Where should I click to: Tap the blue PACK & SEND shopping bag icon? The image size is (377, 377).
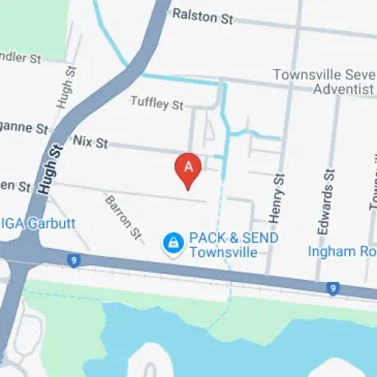(x=173, y=243)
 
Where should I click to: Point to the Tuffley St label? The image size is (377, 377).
(x=156, y=103)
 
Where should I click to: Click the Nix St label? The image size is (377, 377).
(x=90, y=141)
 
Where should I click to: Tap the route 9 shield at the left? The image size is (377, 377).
(x=73, y=261)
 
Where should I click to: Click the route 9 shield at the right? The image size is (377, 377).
(x=333, y=287)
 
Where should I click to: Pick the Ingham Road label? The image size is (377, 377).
(x=342, y=251)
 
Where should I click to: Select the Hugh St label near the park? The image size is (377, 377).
(x=63, y=87)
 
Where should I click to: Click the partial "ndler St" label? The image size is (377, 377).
(x=20, y=57)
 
